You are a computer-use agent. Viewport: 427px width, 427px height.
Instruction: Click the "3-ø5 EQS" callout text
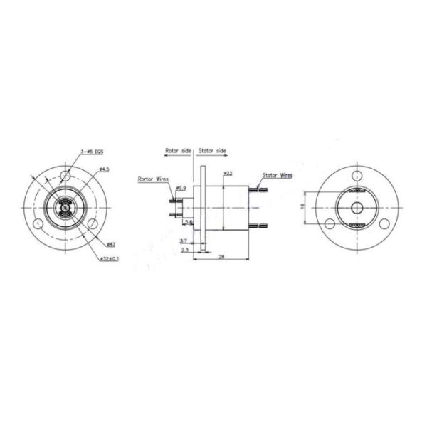(92, 152)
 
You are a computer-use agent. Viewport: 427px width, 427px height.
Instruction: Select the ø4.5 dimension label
(103, 169)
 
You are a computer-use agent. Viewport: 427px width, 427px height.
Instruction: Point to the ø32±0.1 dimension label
(108, 258)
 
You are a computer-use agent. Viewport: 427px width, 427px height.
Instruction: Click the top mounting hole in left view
(66, 175)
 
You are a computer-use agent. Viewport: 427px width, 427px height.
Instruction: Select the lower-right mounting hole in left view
(93, 223)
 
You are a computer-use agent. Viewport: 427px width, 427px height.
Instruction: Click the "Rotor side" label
(179, 151)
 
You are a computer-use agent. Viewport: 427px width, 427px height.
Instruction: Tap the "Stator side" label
(212, 151)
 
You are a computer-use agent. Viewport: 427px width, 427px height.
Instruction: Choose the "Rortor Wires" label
(153, 180)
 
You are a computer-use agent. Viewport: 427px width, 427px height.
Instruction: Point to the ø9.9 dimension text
(181, 188)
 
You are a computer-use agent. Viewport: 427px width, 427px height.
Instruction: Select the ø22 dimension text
(227, 173)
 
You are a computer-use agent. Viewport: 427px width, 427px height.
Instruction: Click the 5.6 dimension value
(188, 222)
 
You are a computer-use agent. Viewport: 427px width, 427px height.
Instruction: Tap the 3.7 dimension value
(184, 241)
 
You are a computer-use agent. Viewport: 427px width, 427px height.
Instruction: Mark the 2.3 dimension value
(184, 250)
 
